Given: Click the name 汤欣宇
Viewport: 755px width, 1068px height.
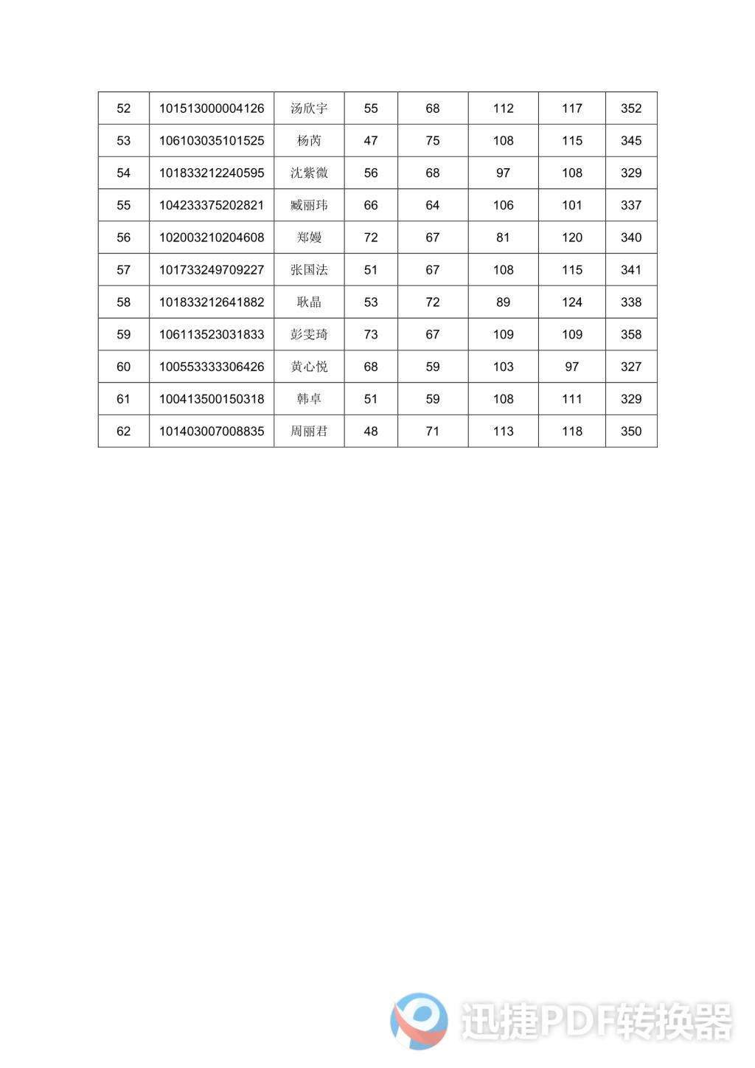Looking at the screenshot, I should [309, 108].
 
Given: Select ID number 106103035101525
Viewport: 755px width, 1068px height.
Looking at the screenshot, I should [212, 141].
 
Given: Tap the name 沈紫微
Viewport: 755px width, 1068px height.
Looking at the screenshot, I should [309, 173].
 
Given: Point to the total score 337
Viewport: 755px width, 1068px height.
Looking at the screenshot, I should [631, 205].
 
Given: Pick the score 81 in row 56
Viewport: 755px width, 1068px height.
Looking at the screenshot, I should [503, 237].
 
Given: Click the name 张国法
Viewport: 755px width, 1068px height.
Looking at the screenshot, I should [309, 270].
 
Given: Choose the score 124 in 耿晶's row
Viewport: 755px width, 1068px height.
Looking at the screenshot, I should [572, 302].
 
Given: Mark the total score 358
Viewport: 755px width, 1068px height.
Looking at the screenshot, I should [631, 335].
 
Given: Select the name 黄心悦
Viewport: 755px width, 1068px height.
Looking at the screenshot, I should [309, 367].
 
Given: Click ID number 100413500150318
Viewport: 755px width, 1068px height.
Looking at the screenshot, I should [212, 399].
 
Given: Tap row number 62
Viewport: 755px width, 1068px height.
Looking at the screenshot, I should [123, 431].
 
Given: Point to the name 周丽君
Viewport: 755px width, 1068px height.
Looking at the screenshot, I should [309, 431].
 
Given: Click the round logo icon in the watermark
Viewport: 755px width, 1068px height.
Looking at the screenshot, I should [419, 1021].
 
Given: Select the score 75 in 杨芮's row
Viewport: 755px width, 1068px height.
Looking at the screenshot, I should [433, 141].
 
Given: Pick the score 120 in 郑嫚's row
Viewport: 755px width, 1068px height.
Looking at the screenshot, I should [572, 237].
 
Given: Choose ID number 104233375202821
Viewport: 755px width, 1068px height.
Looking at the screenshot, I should [212, 205].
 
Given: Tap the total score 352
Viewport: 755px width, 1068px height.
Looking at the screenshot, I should [631, 108].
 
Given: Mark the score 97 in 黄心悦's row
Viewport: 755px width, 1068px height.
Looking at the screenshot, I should [572, 367].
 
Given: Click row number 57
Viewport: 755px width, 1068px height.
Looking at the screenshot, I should [123, 270].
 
